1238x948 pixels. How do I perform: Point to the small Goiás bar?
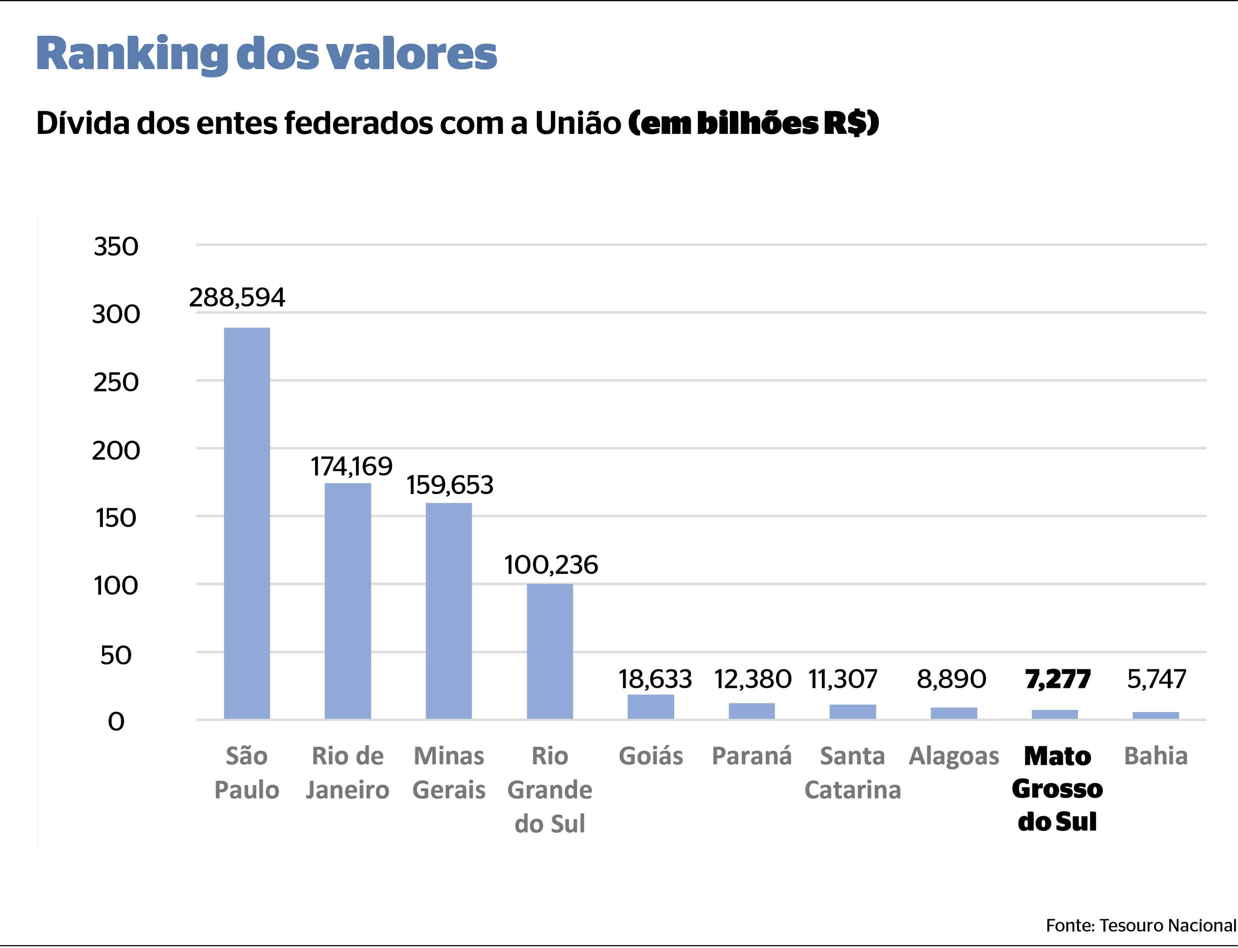(651, 706)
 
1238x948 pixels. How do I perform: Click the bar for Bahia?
(1156, 715)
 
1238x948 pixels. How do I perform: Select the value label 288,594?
(237, 297)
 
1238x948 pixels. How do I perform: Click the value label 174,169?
(351, 466)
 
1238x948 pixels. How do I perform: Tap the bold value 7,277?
(1058, 679)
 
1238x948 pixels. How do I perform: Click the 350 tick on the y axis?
(116, 246)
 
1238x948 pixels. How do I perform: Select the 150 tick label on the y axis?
(116, 518)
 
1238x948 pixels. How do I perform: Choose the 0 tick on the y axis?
(116, 721)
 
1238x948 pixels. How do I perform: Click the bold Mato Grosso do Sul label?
(1057, 788)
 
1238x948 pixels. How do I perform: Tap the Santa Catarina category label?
(852, 772)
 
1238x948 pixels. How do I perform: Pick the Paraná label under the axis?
(752, 756)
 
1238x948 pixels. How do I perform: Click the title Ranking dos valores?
(267, 55)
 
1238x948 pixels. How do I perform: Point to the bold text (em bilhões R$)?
(754, 122)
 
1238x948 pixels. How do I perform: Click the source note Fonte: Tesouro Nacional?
(1141, 925)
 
